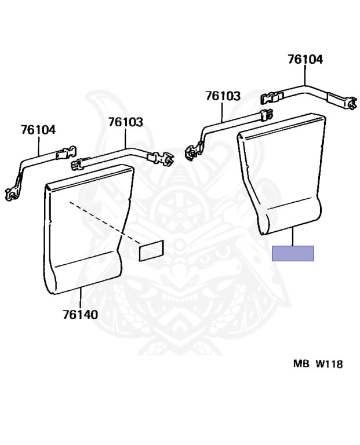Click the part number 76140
pos(81,315)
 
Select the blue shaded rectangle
pos(293,253)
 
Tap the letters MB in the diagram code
pos(301,363)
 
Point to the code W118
pos(329,364)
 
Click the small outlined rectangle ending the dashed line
pos(152,250)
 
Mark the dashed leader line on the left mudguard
pos(104,222)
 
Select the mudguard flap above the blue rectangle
pos(281,174)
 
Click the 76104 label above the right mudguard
pos(305,60)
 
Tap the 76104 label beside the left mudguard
pos(38,130)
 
